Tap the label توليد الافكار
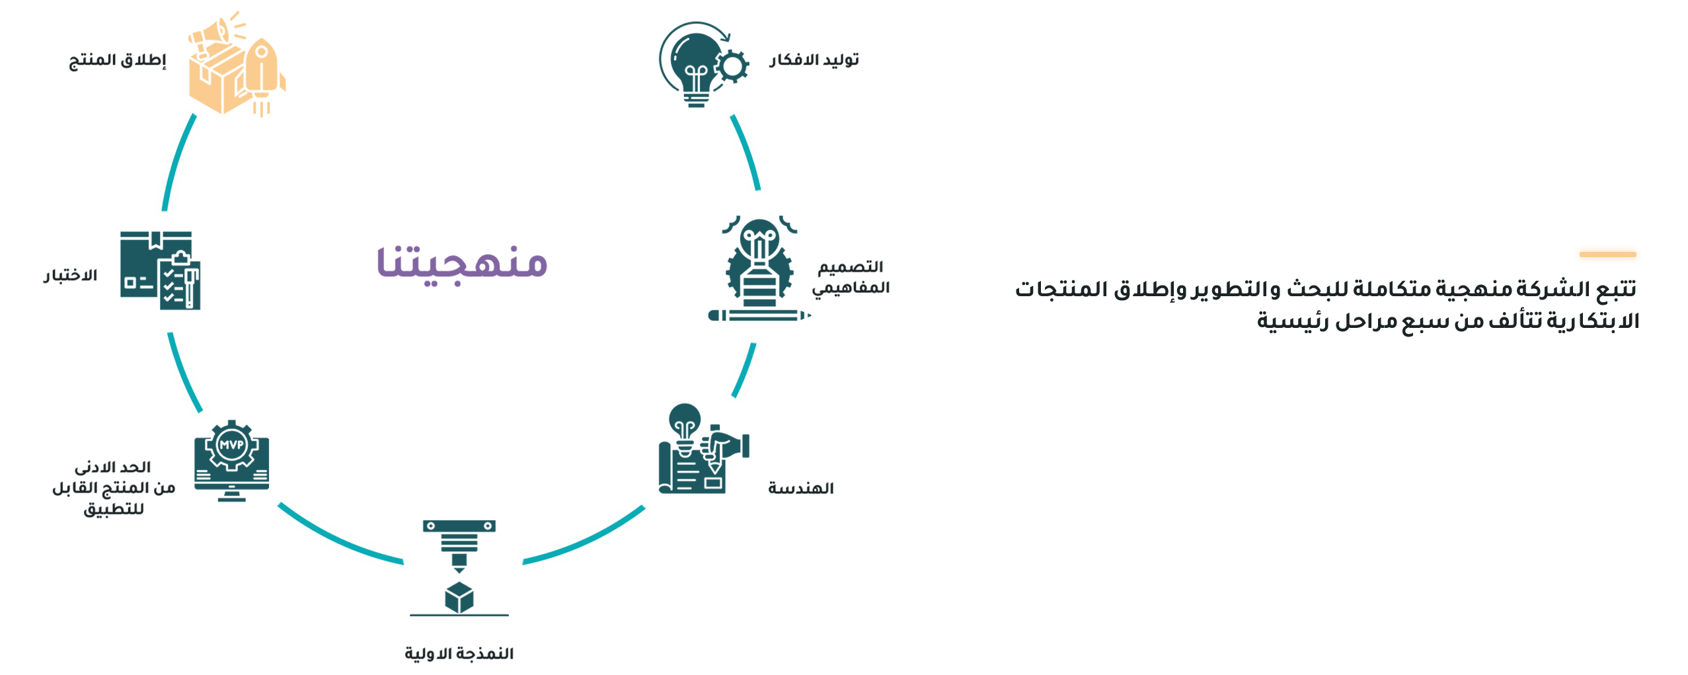pos(814,60)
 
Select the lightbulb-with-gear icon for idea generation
pos(703,64)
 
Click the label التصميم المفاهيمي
pos(851,277)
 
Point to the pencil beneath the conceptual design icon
pos(759,315)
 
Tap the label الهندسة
pos(800,489)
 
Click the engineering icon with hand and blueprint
pos(703,451)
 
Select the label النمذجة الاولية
pos(459,653)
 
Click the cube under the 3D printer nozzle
pos(459,596)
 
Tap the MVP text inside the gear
pos(231,445)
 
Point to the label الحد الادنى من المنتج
pos(114,488)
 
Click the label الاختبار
pos(71,275)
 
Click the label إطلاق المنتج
pos(118,60)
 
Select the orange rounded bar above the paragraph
pos(1607,255)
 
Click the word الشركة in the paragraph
pos(1549,289)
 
